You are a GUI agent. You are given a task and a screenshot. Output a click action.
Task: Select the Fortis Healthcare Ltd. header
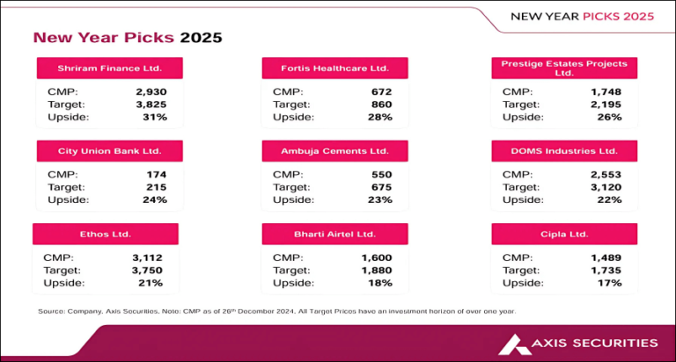click(x=335, y=69)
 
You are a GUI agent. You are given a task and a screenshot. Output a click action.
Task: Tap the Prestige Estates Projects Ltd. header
click(x=565, y=69)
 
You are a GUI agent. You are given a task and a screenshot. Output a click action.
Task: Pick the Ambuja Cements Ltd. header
click(x=335, y=152)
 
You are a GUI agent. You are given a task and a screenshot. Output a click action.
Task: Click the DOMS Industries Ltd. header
click(x=565, y=152)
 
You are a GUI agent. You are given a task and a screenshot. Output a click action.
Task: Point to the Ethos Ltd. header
click(x=106, y=235)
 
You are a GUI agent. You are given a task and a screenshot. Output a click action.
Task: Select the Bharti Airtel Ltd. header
click(x=335, y=235)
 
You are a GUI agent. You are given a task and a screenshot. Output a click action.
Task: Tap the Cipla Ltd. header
click(x=565, y=235)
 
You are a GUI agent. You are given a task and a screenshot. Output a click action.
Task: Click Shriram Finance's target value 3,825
click(x=151, y=104)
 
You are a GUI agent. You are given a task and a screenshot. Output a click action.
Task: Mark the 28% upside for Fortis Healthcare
click(x=380, y=117)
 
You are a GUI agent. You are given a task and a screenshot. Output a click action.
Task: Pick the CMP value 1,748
click(x=606, y=91)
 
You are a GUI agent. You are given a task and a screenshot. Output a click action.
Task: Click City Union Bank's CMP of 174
click(x=156, y=174)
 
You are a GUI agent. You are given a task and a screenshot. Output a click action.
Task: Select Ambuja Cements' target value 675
click(x=380, y=187)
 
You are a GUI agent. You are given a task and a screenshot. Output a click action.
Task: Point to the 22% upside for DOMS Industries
click(x=609, y=199)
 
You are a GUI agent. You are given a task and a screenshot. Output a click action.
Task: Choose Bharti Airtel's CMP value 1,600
click(x=376, y=257)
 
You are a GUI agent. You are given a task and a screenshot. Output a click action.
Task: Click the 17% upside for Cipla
click(x=609, y=282)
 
